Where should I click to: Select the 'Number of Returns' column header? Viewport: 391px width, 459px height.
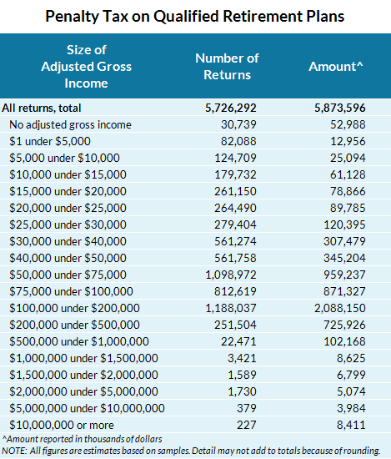click(x=227, y=66)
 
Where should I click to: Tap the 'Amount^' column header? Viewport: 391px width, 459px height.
click(x=335, y=66)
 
